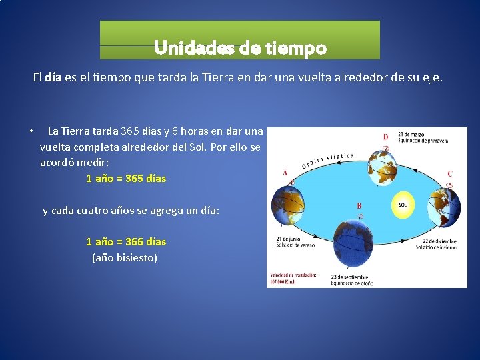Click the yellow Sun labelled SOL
403,205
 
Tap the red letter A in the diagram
285,172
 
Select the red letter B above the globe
359,206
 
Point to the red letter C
450,174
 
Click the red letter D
385,137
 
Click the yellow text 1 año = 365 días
126,179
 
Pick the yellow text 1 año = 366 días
126,241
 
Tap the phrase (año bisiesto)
125,257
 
